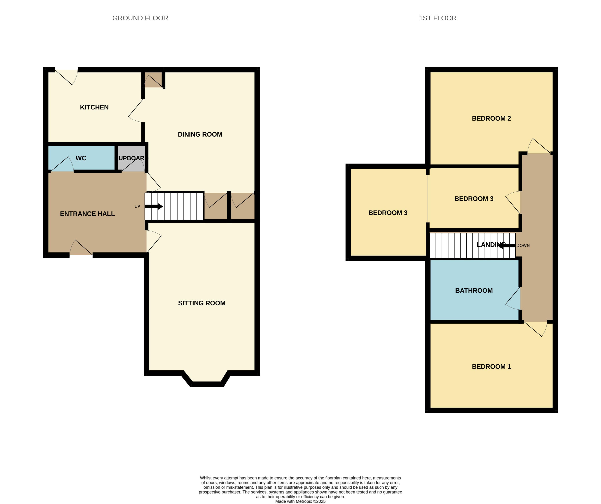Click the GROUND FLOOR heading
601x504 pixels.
click(x=140, y=18)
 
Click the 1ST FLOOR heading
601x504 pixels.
click(x=437, y=18)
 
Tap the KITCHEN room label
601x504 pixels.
click(x=94, y=107)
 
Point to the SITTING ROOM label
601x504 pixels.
click(x=201, y=303)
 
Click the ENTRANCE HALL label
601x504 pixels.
click(x=87, y=214)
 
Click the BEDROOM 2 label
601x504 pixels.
click(x=491, y=118)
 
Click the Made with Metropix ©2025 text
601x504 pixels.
click(x=300, y=501)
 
